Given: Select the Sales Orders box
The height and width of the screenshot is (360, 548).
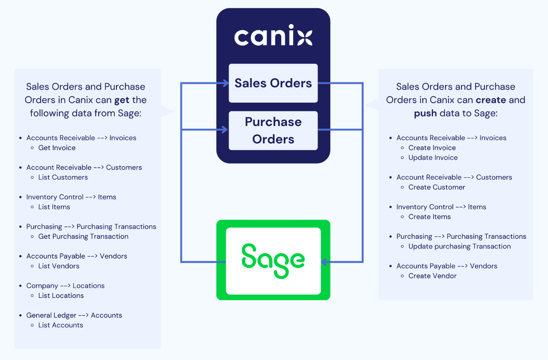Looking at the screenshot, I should pos(273,83).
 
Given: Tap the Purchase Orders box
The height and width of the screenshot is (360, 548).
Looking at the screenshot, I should pos(273,130).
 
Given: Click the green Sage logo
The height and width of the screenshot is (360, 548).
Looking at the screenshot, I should pos(273,260).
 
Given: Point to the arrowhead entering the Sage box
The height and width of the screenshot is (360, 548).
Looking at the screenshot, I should pos(324,262).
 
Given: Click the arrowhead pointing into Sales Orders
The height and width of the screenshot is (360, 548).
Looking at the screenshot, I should pos(225,83).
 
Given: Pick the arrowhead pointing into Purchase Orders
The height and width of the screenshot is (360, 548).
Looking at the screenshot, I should pos(225,130).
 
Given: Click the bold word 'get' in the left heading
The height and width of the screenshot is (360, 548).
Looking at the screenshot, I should pos(122,100).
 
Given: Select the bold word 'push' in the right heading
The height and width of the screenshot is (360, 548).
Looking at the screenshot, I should pos(425,113).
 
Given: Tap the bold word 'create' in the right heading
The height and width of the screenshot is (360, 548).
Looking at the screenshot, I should pos(491,100).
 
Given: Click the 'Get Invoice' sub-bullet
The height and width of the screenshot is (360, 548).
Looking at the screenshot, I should pos(57,148).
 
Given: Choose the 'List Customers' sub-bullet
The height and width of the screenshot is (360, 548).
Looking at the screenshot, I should pos(63,177).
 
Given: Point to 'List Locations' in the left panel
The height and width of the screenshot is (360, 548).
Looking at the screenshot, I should pos(61,295).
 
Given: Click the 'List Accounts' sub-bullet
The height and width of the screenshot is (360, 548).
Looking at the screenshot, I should pos(61,325).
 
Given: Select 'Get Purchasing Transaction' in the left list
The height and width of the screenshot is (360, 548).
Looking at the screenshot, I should pos(83,236).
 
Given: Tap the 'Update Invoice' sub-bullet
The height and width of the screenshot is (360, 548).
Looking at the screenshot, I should pos(433,158).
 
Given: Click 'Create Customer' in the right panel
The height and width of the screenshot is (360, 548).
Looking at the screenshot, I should pos(437,187).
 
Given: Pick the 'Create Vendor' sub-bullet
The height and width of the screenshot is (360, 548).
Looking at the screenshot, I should pos(432,276).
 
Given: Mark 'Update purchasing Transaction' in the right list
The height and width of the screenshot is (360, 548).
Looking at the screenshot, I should pos(460,246).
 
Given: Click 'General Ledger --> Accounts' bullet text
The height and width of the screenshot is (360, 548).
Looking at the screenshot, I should pos(74,315).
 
